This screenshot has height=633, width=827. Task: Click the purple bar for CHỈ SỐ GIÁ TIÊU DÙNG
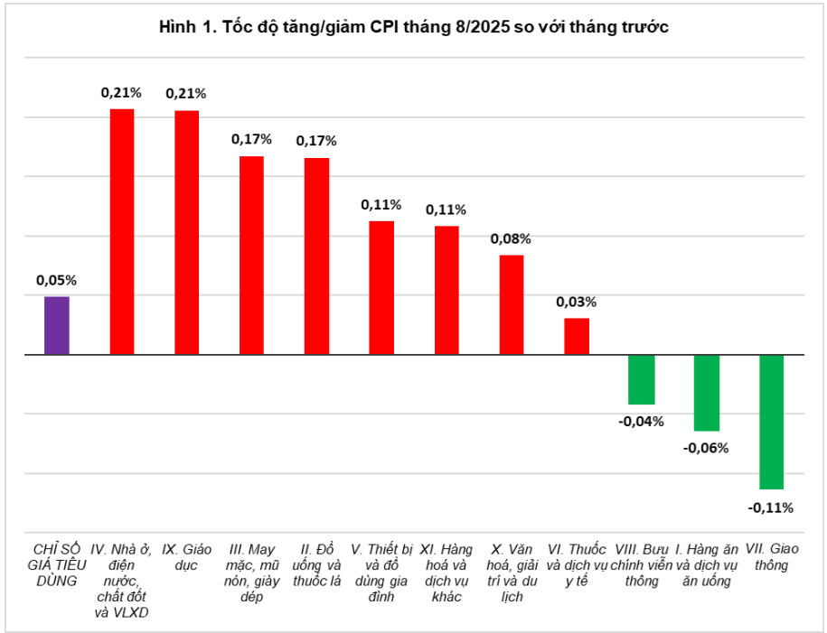tap(57, 325)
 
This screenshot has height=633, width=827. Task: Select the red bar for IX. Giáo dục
tap(186, 232)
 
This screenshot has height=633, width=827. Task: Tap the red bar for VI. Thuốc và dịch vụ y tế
tap(577, 336)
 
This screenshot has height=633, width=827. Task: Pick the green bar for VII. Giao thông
tap(771, 422)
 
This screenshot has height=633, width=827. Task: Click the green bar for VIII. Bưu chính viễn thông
tap(642, 379)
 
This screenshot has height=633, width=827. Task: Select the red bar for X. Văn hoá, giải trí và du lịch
tap(512, 304)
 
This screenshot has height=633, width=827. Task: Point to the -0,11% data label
tap(770, 507)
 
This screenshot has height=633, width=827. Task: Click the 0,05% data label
tap(56, 280)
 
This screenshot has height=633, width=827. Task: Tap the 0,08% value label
tap(511, 239)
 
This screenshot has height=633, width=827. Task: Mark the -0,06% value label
tap(706, 448)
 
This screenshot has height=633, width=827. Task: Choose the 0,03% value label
tap(576, 302)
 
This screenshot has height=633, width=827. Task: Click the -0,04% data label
tap(641, 421)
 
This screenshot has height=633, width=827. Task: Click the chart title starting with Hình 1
tap(413, 28)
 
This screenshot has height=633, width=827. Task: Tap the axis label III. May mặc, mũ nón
tap(251, 572)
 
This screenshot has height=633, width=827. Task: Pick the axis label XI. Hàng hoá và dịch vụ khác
tap(446, 572)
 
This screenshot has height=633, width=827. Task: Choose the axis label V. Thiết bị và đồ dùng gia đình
tap(381, 572)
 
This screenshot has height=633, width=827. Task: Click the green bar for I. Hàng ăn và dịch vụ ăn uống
tap(706, 393)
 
